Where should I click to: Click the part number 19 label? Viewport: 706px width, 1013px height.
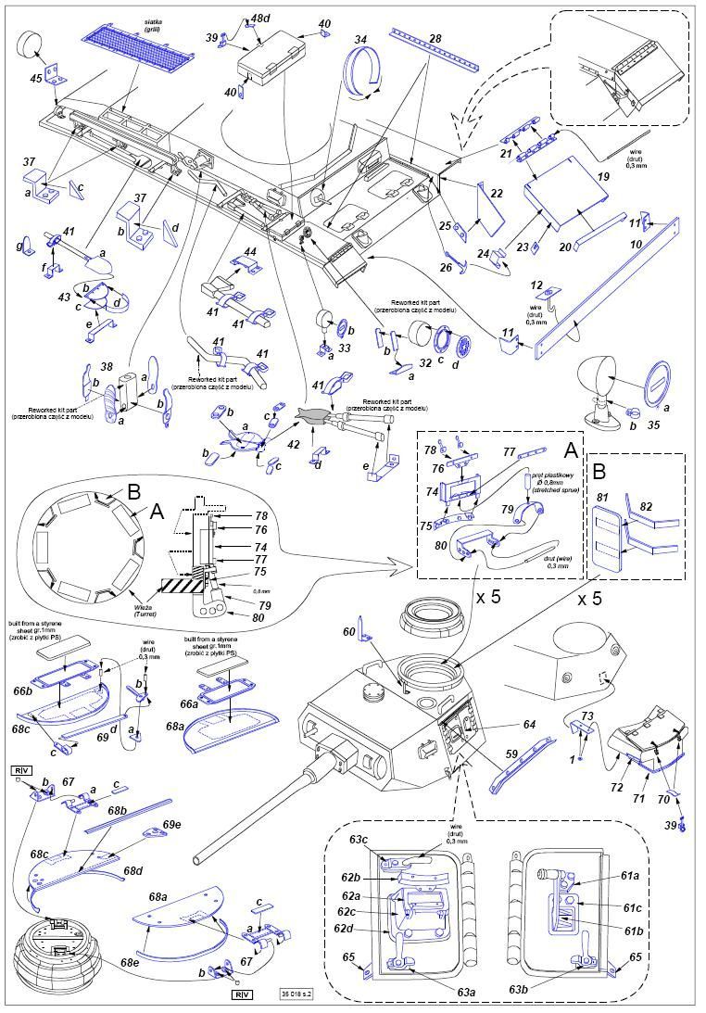[602, 175]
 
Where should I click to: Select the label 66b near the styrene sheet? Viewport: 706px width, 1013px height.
[21, 690]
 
